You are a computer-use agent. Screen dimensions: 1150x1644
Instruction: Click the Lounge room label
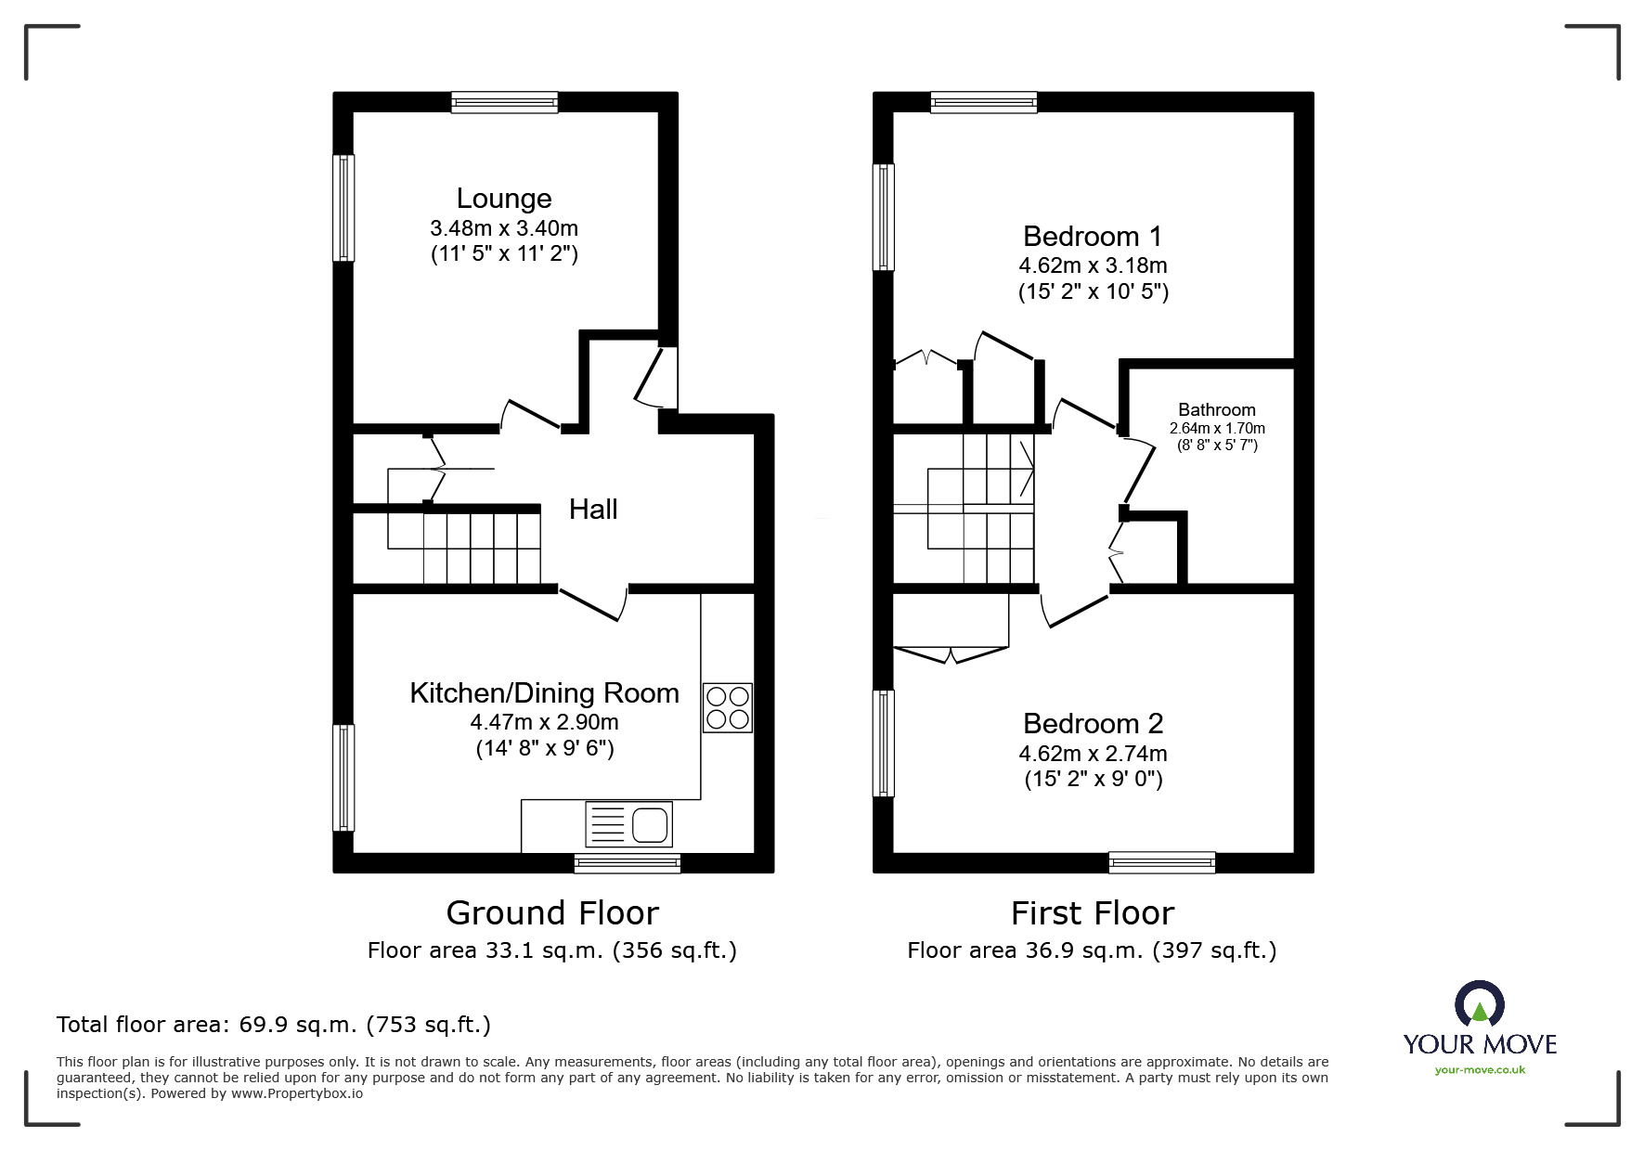pos(504,199)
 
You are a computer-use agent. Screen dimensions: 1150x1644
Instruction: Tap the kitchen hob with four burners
pos(727,708)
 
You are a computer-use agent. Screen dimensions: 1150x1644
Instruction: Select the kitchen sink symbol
pos(628,823)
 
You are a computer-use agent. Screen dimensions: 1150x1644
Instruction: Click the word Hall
pos(593,510)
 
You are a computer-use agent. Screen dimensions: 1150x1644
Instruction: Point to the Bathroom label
pos(1216,410)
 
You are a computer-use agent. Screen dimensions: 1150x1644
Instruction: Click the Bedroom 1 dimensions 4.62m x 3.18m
pos(1093,265)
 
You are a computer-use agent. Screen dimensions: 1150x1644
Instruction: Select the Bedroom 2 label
pos(1093,723)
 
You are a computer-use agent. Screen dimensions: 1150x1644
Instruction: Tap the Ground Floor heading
pos(552,913)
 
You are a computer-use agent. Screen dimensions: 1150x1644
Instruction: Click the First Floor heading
pos(1092,913)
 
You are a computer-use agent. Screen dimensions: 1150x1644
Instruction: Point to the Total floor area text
pos(274,1025)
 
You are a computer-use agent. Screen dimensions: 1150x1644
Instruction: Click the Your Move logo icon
pos(1479,1004)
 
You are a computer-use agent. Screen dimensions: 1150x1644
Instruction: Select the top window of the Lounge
pos(505,102)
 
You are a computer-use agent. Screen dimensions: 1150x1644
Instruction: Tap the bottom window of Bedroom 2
pos(1161,862)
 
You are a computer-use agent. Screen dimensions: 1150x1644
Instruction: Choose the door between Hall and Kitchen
pos(594,601)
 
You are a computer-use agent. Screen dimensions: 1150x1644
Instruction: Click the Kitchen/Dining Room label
pos(544,693)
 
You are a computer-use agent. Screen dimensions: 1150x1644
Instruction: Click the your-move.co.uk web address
pos(1480,1070)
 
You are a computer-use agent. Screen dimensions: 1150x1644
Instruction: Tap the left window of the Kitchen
pos(343,777)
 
